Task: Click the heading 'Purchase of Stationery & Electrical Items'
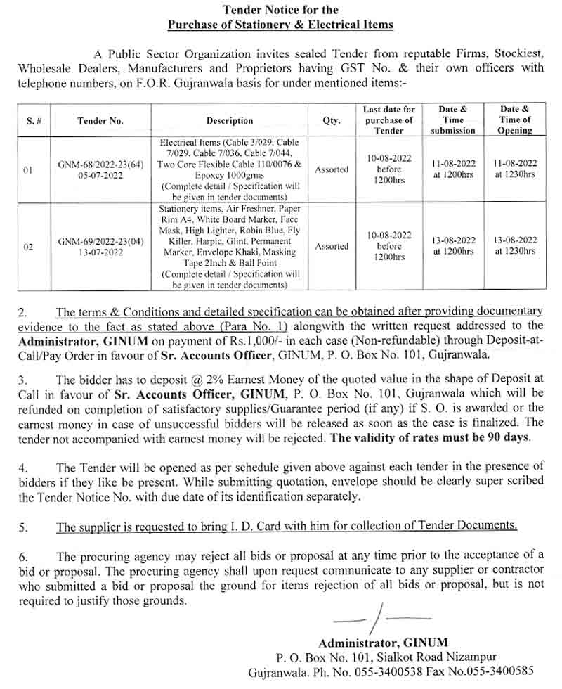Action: (x=280, y=25)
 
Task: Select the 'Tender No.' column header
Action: (x=100, y=120)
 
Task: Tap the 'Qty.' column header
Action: (x=332, y=120)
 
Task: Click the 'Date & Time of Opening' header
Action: (x=514, y=120)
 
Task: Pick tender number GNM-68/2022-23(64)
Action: (x=101, y=164)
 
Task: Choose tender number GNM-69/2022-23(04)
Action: (x=101, y=241)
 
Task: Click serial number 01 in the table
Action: (x=27, y=169)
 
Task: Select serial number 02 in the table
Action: (x=27, y=247)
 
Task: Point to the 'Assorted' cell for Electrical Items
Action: (x=332, y=169)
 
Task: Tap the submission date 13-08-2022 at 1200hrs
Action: (x=453, y=245)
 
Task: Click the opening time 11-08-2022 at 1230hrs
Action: (x=514, y=169)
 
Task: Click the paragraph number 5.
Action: (x=23, y=527)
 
